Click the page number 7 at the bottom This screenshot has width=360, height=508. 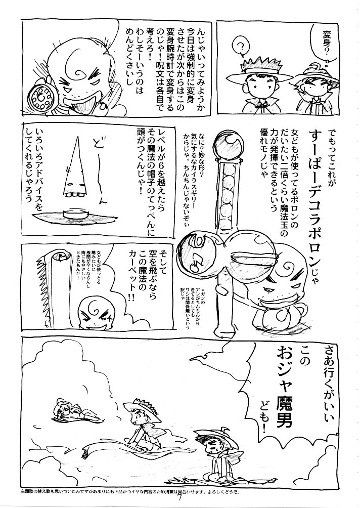180,500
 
